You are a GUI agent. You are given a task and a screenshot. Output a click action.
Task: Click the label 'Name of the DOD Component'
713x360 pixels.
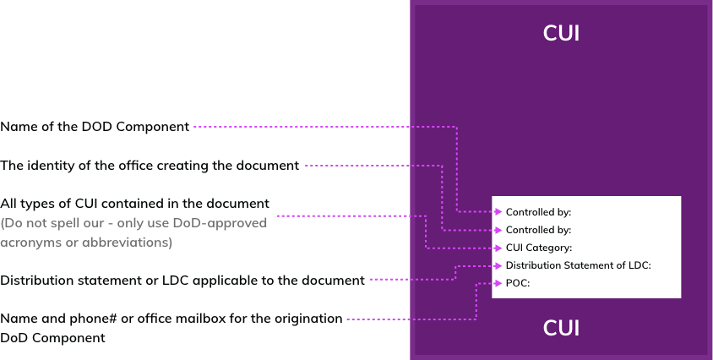[95, 127]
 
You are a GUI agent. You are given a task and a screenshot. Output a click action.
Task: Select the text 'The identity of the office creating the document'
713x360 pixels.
[150, 166]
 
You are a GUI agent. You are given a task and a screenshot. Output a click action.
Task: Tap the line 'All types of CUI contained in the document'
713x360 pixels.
[135, 204]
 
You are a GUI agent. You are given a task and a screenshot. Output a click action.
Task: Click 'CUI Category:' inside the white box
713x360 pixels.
[538, 248]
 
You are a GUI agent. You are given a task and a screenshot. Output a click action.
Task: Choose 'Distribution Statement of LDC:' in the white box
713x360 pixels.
[578, 265]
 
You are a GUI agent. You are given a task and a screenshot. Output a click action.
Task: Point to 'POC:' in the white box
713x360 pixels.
[517, 283]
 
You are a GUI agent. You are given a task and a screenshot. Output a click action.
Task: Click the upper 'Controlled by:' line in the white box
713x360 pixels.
[538, 212]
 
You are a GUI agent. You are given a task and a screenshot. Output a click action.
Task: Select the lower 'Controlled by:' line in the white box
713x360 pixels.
[538, 230]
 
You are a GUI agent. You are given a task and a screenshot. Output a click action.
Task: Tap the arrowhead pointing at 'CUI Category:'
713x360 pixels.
[498, 248]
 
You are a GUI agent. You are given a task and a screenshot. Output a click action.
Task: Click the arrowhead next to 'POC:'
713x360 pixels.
[498, 283]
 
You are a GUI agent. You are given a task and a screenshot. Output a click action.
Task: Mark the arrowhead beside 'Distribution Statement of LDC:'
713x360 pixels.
[498, 265]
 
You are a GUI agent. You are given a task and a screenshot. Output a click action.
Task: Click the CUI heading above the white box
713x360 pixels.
[561, 34]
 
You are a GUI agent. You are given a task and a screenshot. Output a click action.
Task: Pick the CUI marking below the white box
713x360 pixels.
[561, 328]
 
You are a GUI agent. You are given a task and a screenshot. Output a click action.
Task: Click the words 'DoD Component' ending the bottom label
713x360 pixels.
[53, 337]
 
